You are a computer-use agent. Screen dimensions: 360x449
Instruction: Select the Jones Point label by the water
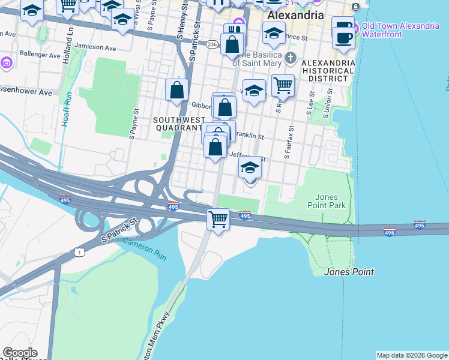pyautogui.click(x=349, y=272)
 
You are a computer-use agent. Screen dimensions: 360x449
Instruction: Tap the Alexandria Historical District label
pyautogui.click(x=328, y=70)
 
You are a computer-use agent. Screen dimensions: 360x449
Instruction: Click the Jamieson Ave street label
pyautogui.click(x=94, y=46)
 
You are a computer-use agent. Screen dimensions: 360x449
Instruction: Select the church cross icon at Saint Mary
pyautogui.click(x=291, y=58)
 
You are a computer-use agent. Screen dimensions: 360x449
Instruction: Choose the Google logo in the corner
pyautogui.click(x=19, y=353)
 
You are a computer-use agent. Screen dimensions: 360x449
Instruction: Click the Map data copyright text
pyautogui.click(x=412, y=355)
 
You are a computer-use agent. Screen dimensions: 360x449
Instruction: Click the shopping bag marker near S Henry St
pyautogui.click(x=176, y=91)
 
